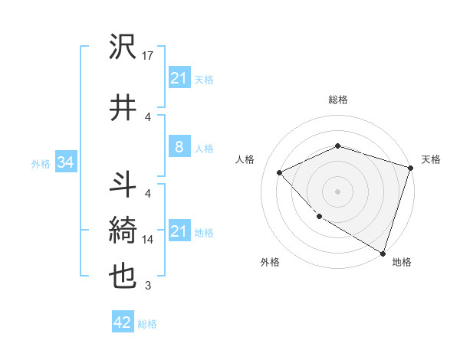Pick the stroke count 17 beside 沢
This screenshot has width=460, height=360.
[148, 56]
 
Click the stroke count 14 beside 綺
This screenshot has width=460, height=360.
[148, 240]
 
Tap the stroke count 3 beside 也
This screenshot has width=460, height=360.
[148, 286]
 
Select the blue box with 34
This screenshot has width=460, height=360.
[65, 162]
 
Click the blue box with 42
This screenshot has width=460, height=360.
[123, 322]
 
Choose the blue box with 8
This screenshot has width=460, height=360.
[179, 147]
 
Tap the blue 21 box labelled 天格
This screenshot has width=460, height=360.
[179, 77]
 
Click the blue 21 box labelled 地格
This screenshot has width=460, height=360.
[179, 231]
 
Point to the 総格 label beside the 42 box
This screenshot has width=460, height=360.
[147, 324]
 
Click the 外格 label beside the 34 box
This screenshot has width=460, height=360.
[40, 163]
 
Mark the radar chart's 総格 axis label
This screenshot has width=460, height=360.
[337, 100]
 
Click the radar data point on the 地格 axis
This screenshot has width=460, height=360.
[383, 253]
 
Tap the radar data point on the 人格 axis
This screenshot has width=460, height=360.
[281, 172]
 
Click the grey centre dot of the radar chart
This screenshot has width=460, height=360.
[337, 191]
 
